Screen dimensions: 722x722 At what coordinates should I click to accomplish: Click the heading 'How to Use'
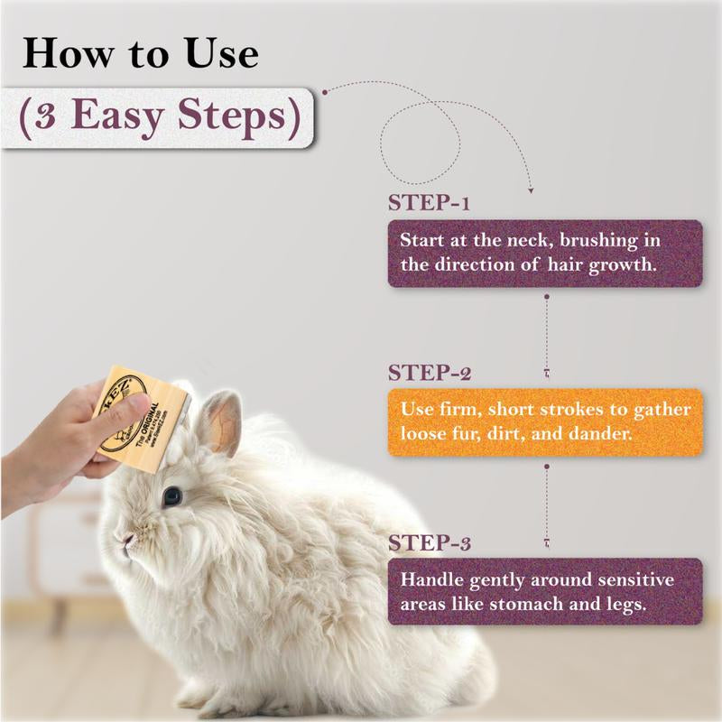coord(140,53)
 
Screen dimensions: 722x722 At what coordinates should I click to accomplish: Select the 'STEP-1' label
coord(428,202)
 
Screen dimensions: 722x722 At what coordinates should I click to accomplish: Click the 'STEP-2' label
coord(430,372)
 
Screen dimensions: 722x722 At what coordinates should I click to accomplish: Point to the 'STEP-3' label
coord(430,543)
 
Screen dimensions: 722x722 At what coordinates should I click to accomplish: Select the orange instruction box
coord(544,421)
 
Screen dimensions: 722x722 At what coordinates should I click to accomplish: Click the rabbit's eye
coord(171,496)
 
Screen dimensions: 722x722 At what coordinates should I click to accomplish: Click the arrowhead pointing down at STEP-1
coord(530,190)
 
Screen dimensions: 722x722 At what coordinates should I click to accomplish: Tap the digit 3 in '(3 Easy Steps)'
coord(46,117)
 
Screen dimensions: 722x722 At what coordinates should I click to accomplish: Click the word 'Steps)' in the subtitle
coord(236,117)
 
